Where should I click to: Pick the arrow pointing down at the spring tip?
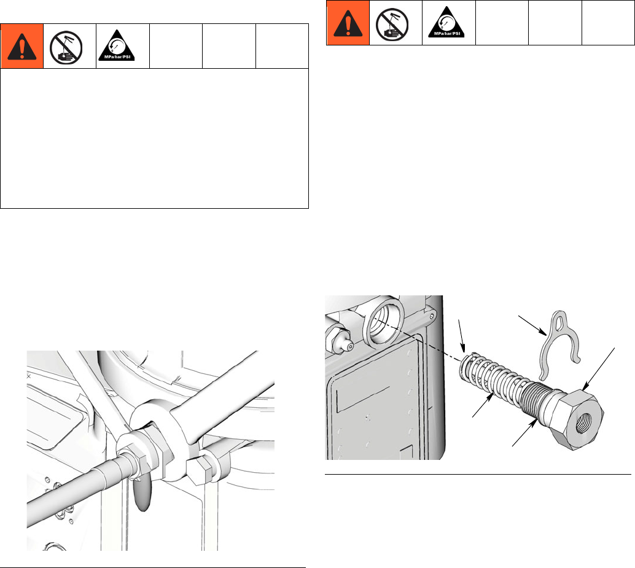point(462,336)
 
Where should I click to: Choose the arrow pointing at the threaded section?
point(525,434)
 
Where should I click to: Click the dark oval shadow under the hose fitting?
point(141,493)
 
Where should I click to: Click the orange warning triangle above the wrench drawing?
point(22,46)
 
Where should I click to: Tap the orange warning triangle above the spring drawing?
point(348,23)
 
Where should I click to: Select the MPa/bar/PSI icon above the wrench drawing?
point(117,45)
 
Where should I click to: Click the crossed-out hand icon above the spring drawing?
point(392,24)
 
